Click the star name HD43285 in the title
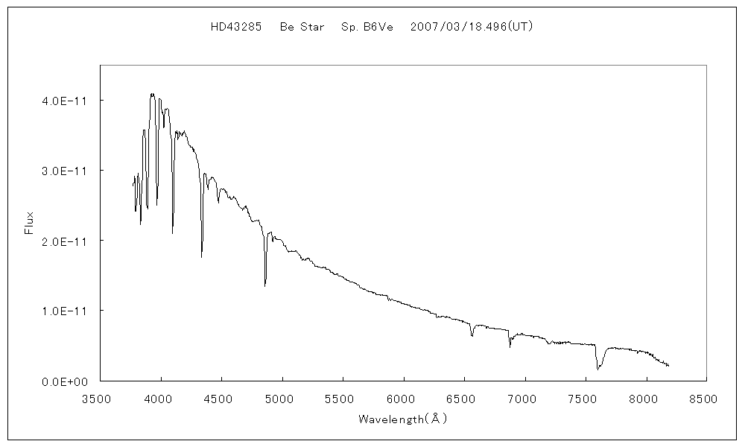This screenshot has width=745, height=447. pyautogui.click(x=235, y=26)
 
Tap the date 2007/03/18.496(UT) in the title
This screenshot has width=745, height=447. pyautogui.click(x=472, y=26)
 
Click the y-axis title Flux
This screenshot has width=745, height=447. pyautogui.click(x=30, y=223)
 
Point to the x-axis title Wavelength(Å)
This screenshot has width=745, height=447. pyautogui.click(x=402, y=419)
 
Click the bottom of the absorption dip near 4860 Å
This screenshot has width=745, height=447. pyautogui.click(x=265, y=285)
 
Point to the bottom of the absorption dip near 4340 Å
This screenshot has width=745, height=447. pyautogui.click(x=202, y=257)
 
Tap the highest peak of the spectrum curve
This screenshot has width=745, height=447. pyautogui.click(x=152, y=94)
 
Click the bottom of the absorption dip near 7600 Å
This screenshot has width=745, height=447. pyautogui.click(x=597, y=369)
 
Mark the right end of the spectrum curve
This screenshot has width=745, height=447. pyautogui.click(x=669, y=366)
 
